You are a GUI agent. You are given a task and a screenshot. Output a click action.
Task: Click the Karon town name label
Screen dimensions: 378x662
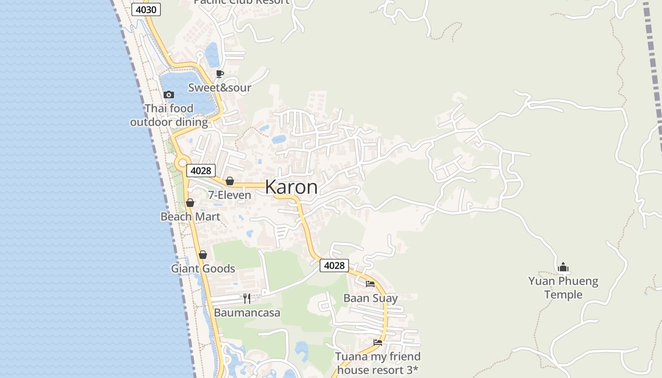291,187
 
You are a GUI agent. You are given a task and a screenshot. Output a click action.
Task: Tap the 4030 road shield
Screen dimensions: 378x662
146,9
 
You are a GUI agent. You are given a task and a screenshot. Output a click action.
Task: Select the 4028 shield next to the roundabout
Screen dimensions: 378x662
201,171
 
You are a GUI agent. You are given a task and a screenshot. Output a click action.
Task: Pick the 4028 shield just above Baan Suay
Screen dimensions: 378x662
334,266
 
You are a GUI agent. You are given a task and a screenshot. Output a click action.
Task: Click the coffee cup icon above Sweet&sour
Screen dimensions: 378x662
219,74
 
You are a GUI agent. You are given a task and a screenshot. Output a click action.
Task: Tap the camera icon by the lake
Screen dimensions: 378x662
169,95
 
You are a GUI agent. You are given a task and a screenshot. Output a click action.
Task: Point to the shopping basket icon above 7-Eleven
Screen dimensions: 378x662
230,181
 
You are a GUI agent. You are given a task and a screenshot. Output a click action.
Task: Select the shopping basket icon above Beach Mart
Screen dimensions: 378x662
190,203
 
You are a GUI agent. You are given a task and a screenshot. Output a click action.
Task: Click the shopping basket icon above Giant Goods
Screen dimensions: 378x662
203,255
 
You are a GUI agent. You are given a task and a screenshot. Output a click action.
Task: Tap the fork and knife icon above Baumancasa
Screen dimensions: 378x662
247,299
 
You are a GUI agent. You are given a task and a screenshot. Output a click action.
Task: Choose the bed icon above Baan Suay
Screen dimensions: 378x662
370,284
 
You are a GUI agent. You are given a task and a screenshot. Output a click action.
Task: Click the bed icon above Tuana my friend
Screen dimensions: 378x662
377,343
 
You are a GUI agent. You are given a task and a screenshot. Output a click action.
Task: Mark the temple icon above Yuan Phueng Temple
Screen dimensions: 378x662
563,267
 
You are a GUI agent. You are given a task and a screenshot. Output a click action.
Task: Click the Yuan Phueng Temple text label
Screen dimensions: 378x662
563,288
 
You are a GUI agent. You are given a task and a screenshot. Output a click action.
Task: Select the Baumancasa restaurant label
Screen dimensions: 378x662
247,313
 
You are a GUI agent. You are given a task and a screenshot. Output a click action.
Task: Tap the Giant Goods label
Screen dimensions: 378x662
203,268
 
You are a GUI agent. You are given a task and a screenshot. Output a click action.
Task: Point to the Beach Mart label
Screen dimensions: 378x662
190,216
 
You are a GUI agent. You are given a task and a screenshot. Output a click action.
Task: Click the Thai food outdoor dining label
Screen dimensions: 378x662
169,115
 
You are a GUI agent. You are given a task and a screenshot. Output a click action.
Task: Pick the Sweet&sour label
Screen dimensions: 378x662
220,87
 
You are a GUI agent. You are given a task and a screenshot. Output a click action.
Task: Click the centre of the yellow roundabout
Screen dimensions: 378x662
182,163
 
